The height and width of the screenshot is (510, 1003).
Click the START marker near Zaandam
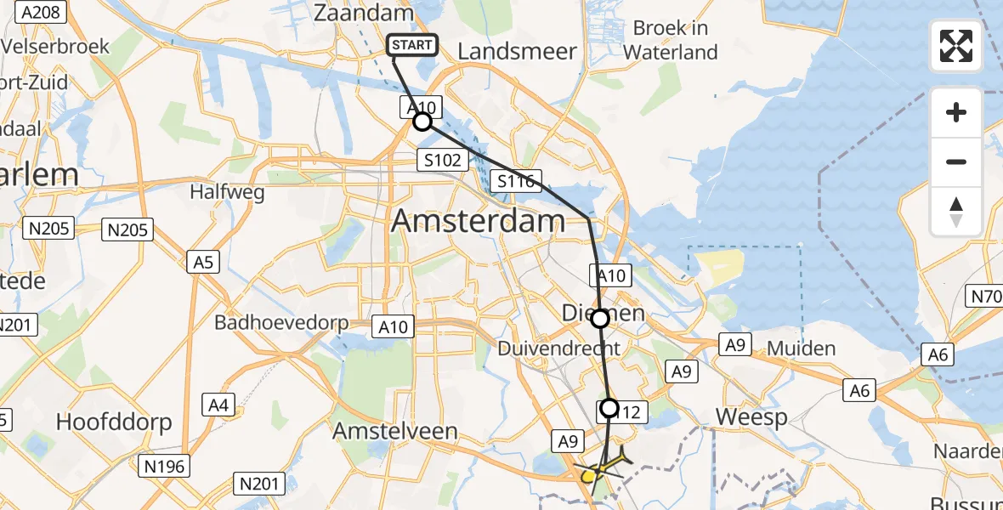click(x=413, y=45)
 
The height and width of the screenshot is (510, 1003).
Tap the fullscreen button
click(x=956, y=46)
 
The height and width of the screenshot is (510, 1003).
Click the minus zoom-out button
click(x=956, y=161)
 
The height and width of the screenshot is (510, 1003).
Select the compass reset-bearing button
click(x=956, y=212)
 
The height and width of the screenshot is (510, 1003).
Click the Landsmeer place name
click(x=517, y=52)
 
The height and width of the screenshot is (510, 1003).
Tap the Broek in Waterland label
click(x=671, y=40)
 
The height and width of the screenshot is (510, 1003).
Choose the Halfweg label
click(x=228, y=192)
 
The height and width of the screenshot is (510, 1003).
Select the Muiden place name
click(x=801, y=348)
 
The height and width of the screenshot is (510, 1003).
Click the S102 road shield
click(x=443, y=160)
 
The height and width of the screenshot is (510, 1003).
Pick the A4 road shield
click(x=218, y=406)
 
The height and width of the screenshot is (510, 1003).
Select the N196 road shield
click(x=167, y=465)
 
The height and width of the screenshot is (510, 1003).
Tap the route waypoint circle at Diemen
click(x=600, y=319)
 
